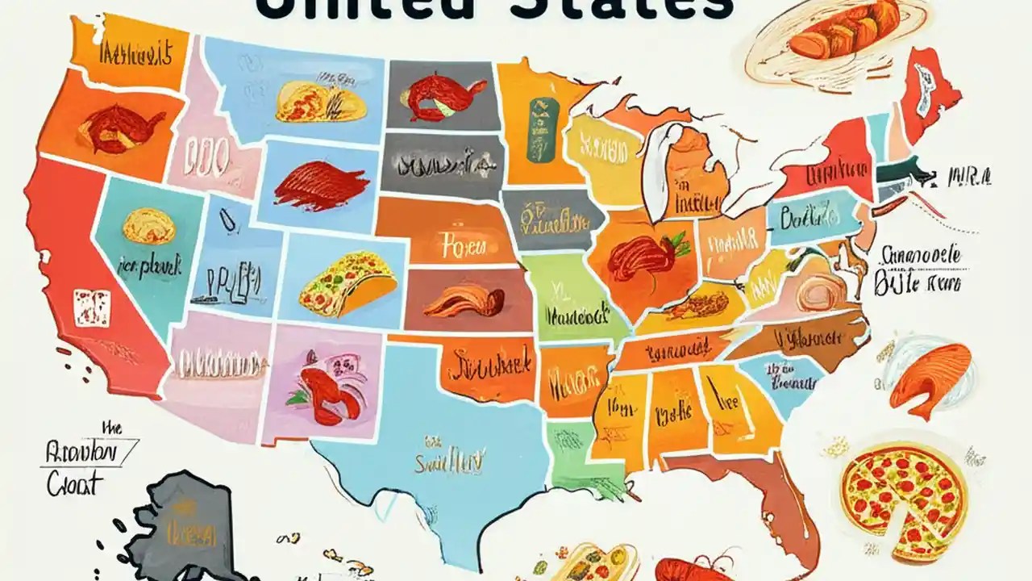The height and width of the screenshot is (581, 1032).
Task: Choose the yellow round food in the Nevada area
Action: pyautogui.click(x=148, y=226)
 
